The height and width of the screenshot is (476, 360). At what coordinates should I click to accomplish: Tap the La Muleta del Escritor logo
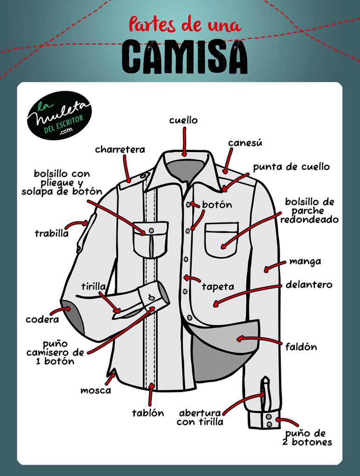tap(59, 116)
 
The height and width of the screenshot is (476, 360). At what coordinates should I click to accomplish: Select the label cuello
tap(183, 120)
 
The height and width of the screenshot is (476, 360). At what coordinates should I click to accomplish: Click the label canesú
tap(245, 142)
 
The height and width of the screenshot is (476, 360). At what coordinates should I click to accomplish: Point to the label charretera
tap(120, 149)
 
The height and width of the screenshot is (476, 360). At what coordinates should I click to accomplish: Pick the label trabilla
tap(52, 234)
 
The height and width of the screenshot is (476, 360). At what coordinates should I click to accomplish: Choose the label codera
tap(42, 319)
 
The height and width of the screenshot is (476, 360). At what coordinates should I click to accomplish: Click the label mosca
tap(95, 390)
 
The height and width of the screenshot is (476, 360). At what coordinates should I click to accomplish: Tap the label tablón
tap(148, 413)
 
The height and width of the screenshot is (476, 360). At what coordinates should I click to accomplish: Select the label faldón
tap(301, 347)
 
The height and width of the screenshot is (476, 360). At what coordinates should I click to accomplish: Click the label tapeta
tap(218, 287)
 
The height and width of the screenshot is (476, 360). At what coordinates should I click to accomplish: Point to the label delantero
tap(309, 285)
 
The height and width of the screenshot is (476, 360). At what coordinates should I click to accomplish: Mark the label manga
tap(305, 261)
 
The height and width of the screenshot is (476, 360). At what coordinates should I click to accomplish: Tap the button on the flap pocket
tap(151, 231)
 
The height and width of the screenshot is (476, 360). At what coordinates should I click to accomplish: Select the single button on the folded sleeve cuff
tap(151, 296)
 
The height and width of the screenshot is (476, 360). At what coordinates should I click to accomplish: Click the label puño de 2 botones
tap(307, 437)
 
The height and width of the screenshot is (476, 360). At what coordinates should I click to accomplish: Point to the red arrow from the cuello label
tap(184, 142)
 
